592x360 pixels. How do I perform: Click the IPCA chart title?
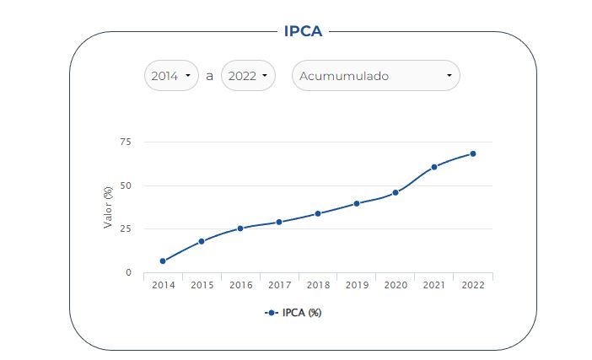(x=304, y=31)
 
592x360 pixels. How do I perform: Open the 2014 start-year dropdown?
(x=171, y=76)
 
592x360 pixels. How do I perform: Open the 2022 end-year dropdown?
(x=249, y=76)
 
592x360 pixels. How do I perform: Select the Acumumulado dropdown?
(x=375, y=76)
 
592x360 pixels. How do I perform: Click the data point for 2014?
(x=163, y=261)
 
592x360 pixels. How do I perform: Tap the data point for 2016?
(x=240, y=228)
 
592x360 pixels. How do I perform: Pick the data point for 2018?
(x=318, y=213)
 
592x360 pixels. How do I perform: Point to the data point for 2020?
(x=396, y=192)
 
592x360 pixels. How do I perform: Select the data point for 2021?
(x=434, y=167)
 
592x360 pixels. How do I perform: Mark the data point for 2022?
(x=473, y=153)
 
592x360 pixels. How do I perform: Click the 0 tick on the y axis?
(x=128, y=272)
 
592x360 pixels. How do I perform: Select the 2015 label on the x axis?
(x=202, y=286)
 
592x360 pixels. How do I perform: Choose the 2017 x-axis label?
(x=279, y=286)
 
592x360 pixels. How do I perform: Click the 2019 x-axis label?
(x=357, y=286)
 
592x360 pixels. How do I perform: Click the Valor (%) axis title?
(x=108, y=207)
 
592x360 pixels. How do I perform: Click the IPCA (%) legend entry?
(x=293, y=313)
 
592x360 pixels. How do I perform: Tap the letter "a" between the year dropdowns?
(x=209, y=76)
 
